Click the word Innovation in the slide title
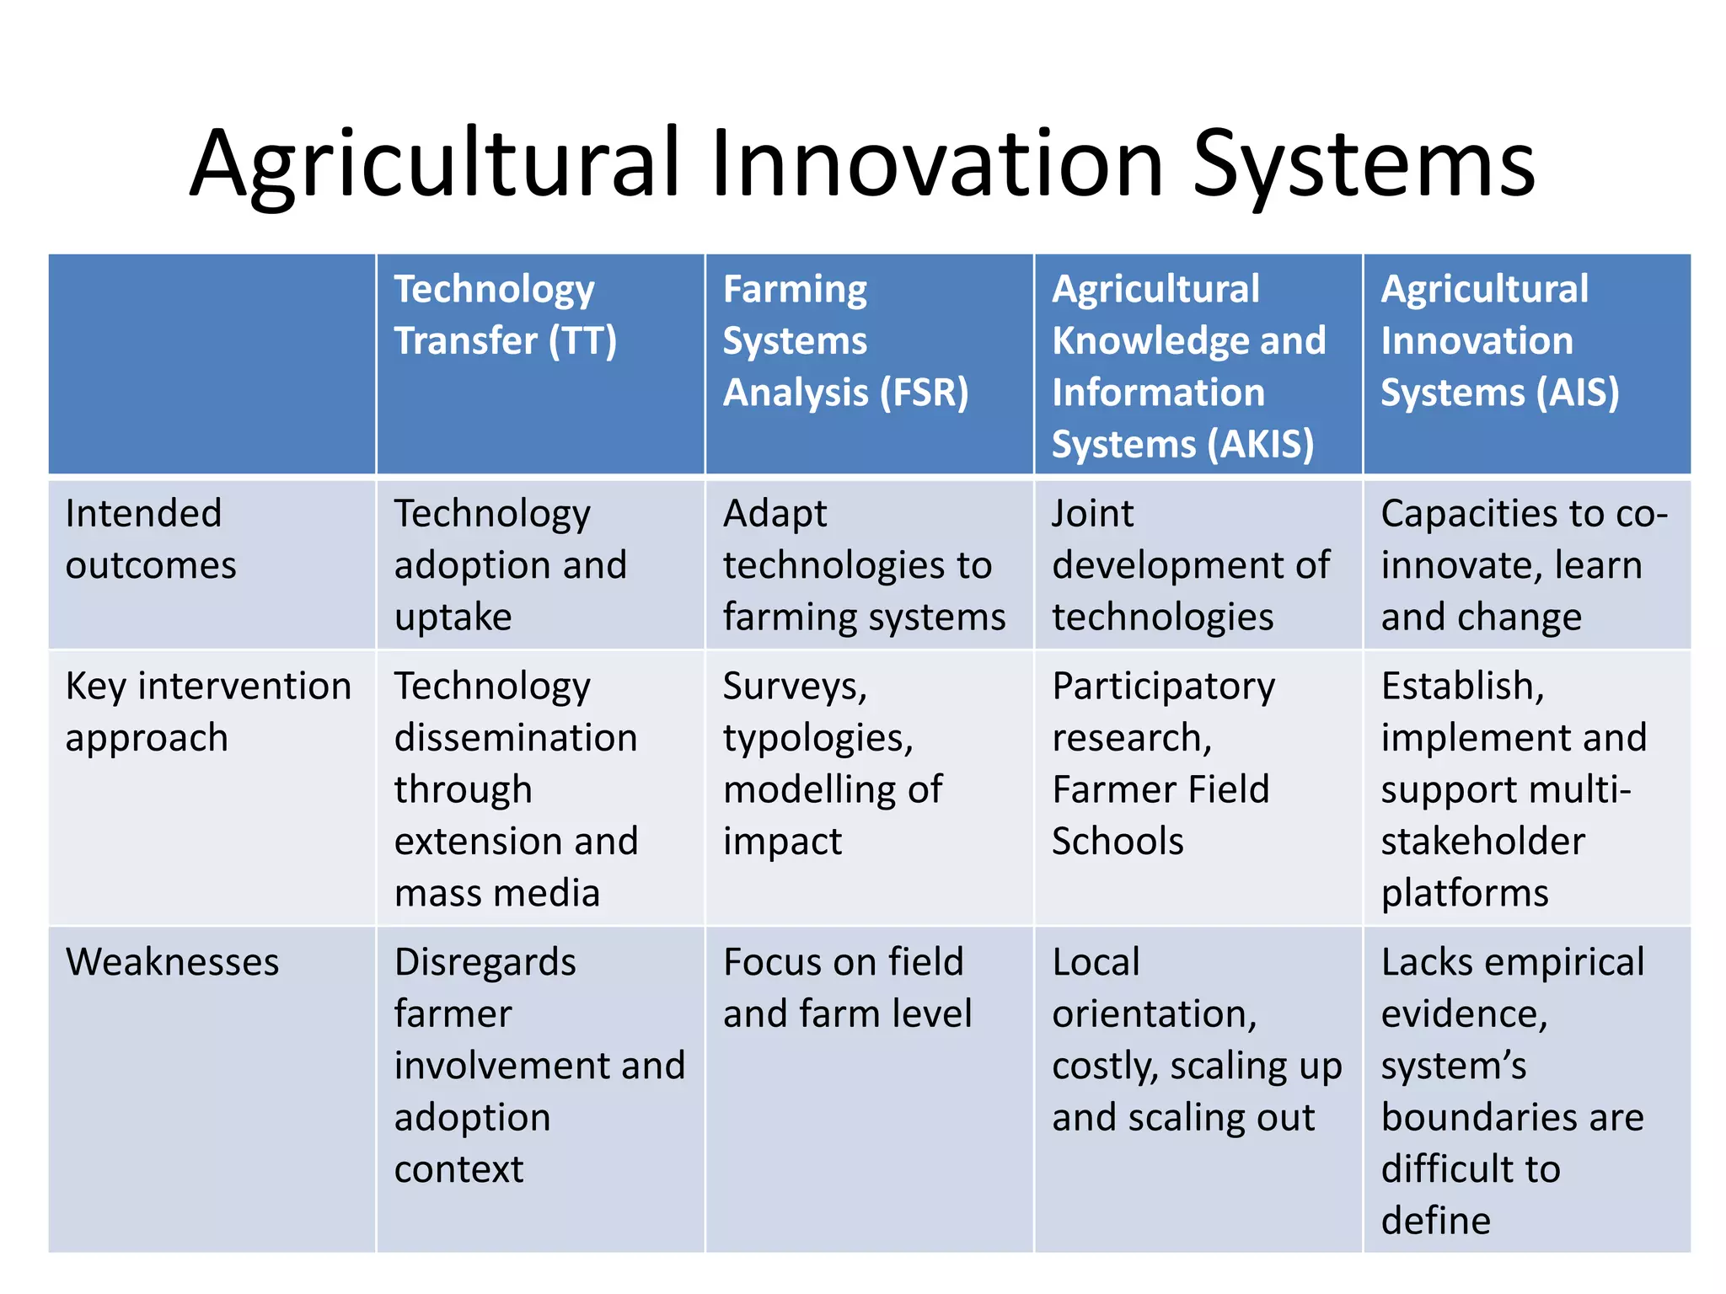[937, 163]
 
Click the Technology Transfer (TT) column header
[506, 315]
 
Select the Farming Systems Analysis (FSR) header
[845, 341]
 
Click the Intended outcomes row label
[151, 539]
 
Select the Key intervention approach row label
[208, 712]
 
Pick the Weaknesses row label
[172, 962]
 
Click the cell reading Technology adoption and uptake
[510, 565]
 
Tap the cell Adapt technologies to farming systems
[864, 565]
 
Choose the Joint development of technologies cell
[1190, 565]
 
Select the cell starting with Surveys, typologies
[833, 763]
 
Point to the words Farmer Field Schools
[1160, 815]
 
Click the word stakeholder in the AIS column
[1482, 842]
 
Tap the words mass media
[496, 893]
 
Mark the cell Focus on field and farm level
[847, 987]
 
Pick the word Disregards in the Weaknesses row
[485, 962]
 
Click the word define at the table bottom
[1435, 1221]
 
